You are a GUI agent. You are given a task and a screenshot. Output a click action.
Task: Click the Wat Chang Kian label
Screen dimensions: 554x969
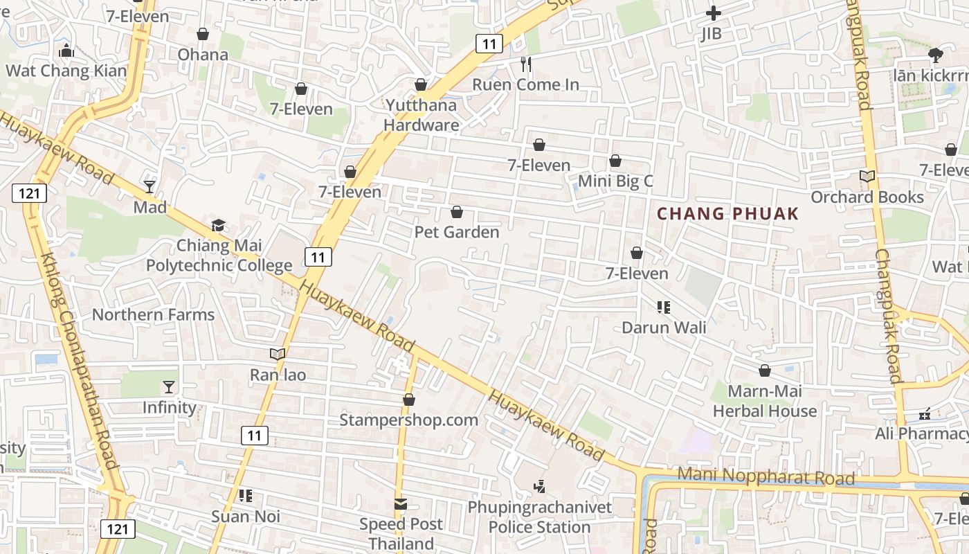66,71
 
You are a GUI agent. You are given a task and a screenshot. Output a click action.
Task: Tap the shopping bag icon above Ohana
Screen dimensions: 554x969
203,34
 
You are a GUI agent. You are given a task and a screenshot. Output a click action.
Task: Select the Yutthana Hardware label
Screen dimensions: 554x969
421,115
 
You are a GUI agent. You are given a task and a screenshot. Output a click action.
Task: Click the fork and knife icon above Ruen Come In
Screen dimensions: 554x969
526,64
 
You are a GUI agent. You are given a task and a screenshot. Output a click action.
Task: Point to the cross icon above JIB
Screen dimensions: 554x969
713,13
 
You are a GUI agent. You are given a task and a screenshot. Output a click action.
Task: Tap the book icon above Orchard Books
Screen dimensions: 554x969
867,177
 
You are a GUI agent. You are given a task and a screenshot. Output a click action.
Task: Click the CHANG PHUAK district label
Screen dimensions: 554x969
727,214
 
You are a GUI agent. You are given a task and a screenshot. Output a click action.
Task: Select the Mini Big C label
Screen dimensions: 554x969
615,181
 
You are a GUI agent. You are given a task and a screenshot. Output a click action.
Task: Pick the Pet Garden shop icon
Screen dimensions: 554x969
457,212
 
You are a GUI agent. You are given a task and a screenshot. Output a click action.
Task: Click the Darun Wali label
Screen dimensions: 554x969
664,327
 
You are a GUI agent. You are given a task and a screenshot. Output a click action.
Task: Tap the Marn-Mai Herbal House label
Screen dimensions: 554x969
765,401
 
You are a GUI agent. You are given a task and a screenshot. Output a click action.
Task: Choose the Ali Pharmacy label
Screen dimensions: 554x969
922,434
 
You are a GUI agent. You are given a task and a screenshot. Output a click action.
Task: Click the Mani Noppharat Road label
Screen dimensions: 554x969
766,476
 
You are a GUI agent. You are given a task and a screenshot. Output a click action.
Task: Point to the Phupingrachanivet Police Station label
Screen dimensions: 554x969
540,517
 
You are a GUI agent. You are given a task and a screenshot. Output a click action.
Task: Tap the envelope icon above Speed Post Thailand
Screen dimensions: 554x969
401,504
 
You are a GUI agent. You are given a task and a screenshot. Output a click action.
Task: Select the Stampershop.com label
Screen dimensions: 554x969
408,420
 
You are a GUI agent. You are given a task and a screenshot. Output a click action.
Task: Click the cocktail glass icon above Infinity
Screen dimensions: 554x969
169,387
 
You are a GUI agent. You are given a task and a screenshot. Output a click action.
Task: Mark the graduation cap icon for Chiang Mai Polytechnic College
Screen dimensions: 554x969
219,225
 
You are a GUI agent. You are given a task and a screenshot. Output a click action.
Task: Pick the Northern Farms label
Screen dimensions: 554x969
153,314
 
